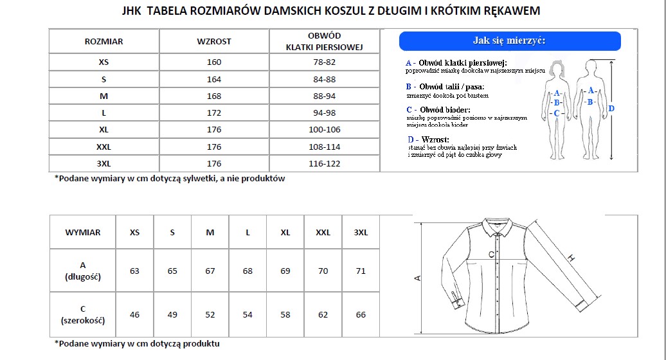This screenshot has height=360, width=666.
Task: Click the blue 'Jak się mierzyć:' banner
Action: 510,41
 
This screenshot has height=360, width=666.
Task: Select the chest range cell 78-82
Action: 323,62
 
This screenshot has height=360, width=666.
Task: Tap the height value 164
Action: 214,80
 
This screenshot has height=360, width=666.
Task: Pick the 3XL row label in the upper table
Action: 104,164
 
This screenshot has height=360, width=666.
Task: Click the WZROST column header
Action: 214,42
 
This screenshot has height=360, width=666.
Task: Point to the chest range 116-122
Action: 323,164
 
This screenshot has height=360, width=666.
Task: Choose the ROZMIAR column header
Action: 104,42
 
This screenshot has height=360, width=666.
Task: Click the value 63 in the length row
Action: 134,271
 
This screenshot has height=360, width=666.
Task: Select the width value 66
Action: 361,315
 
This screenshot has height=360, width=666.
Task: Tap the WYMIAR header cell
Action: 83,233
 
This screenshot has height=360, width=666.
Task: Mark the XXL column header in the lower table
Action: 323,233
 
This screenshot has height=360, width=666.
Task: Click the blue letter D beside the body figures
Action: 611,109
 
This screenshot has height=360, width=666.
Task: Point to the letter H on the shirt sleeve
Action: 570,258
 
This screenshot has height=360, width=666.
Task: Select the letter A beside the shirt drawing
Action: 417,278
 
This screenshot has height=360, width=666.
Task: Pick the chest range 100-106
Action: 323,130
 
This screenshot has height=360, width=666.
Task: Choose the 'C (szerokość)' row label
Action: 83,314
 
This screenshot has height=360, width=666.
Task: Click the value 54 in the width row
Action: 248,315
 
